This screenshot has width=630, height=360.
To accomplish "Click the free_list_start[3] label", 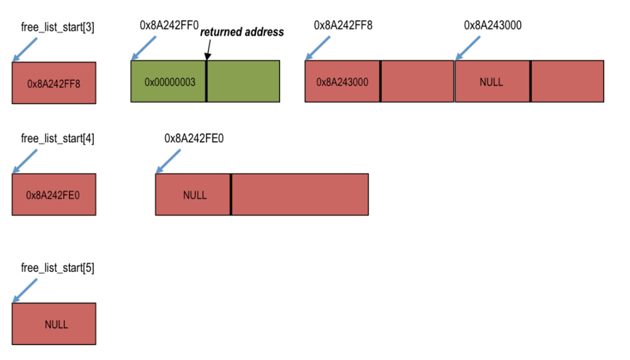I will pyautogui.click(x=58, y=27).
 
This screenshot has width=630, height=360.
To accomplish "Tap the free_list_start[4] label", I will pyautogui.click(x=58, y=138).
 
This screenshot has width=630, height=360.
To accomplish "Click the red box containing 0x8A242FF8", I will pyautogui.click(x=54, y=82).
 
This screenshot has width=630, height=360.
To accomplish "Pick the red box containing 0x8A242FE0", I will pyautogui.click(x=54, y=194).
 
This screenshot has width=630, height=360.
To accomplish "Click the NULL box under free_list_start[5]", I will pyautogui.click(x=54, y=324).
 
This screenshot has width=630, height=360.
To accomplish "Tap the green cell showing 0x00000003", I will pyautogui.click(x=169, y=81).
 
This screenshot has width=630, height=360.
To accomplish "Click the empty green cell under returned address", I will pyautogui.click(x=243, y=81).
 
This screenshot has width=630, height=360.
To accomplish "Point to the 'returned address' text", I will pyautogui.click(x=242, y=32).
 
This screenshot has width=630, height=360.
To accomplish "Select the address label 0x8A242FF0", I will pyautogui.click(x=169, y=26).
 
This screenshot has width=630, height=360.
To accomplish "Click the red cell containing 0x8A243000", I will pyautogui.click(x=343, y=81).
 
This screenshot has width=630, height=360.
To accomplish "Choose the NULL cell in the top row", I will pyautogui.click(x=492, y=81).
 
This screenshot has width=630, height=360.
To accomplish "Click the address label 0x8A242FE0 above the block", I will pyautogui.click(x=194, y=138).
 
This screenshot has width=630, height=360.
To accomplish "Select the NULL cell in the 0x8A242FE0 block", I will pyautogui.click(x=193, y=195).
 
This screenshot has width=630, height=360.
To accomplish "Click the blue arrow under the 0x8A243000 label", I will pyautogui.click(x=468, y=48).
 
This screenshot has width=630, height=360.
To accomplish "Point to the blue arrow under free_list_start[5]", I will pyautogui.click(x=25, y=290).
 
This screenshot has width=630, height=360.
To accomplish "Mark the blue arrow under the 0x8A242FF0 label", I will pyautogui.click(x=144, y=48).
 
